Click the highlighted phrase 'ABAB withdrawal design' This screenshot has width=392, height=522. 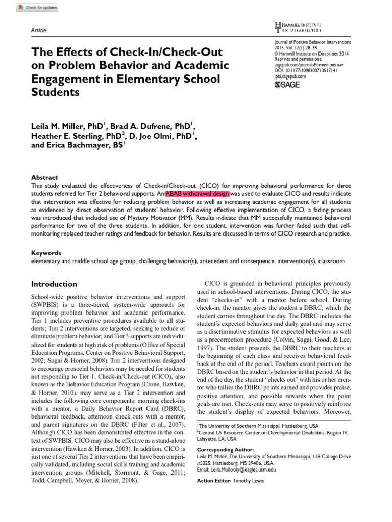click(197, 194)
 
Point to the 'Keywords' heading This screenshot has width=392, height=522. click(46, 253)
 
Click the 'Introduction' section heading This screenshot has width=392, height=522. click(54, 284)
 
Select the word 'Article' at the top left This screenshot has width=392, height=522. click(39, 30)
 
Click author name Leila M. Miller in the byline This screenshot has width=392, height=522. click(69, 126)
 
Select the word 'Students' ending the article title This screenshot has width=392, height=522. click(56, 92)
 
